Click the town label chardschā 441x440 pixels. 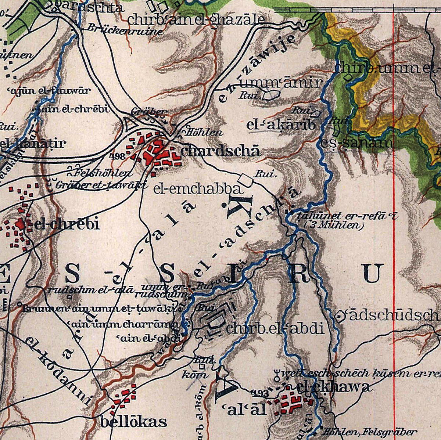pos(220,151)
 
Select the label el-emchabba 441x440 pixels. pos(198,189)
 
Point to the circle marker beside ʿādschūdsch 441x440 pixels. pos(340,315)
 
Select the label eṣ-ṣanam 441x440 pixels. pos(356,143)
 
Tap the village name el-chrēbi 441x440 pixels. pos(66,224)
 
